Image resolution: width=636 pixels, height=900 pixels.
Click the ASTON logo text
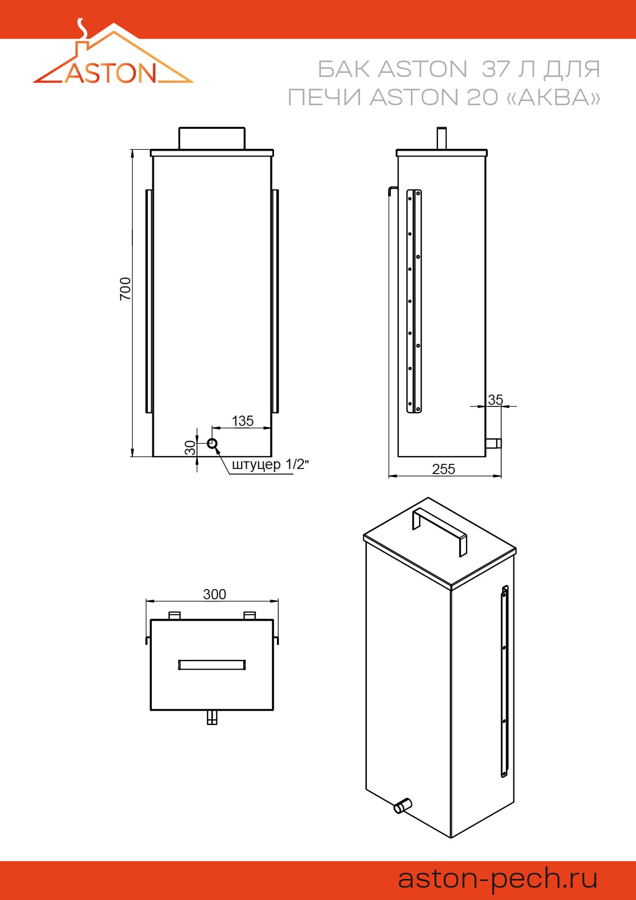[111, 73]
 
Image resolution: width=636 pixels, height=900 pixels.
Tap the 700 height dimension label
[125, 288]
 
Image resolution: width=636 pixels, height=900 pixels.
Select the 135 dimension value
[243, 421]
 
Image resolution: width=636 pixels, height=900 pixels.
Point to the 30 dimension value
[190, 447]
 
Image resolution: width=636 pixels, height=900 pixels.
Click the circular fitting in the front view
[212, 443]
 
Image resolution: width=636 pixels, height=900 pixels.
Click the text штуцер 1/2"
[270, 464]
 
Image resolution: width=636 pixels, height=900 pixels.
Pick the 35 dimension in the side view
[495, 399]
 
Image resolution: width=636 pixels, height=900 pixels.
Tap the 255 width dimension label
[444, 469]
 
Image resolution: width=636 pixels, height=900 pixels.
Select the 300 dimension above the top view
[214, 594]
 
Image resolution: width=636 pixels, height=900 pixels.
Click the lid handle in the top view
[212, 665]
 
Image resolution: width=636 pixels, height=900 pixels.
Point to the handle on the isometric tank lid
[440, 532]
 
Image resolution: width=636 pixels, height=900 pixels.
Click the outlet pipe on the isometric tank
[403, 806]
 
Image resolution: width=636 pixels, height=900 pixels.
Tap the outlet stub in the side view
[493, 443]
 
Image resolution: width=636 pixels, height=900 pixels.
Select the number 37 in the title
[495, 69]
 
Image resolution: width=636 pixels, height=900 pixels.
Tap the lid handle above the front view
[212, 138]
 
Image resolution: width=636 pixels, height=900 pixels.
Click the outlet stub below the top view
[212, 717]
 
